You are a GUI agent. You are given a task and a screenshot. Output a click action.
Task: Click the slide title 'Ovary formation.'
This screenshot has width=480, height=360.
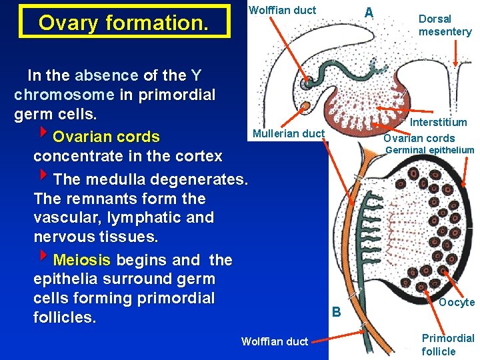[124, 23]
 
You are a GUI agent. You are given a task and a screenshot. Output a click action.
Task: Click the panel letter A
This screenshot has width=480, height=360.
[369, 13]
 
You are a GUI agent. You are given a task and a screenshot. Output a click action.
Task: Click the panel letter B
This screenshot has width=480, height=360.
[336, 311]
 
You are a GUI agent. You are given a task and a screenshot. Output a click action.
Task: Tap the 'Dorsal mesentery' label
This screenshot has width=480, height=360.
[445, 25]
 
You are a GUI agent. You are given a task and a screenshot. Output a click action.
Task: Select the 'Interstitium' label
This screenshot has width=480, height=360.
[438, 122]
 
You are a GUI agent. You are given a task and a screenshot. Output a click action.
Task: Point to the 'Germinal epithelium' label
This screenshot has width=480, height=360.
[430, 150]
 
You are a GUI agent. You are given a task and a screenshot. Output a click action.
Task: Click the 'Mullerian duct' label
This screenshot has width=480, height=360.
[288, 133]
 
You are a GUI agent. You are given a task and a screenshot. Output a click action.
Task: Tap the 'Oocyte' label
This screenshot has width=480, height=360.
[457, 302]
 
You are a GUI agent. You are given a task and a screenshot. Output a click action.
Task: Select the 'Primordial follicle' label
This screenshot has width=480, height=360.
[448, 345]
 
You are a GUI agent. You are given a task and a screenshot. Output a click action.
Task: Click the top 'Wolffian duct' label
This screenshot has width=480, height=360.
[282, 10]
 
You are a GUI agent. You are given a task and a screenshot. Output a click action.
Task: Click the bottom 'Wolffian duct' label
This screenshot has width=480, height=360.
[275, 341]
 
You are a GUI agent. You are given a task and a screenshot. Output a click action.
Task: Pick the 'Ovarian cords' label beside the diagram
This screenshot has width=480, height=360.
[419, 138]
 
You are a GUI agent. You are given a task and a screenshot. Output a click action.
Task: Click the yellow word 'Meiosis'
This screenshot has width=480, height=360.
[82, 259]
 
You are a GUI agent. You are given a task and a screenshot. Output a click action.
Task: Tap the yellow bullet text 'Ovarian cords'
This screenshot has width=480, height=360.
[106, 137]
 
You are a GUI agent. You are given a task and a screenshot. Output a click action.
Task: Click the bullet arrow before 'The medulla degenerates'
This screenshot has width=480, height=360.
[45, 177]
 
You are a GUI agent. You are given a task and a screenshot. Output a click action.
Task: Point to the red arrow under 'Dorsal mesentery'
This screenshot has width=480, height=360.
[455, 53]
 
